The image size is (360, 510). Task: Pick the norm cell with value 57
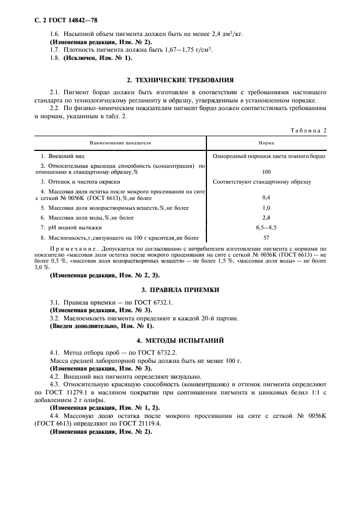click(266, 238)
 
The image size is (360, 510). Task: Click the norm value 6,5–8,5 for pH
click(266, 227)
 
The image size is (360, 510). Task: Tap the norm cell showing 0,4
click(266, 197)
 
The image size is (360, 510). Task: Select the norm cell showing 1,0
click(266, 208)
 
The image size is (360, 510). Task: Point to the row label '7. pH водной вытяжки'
click(72, 227)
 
